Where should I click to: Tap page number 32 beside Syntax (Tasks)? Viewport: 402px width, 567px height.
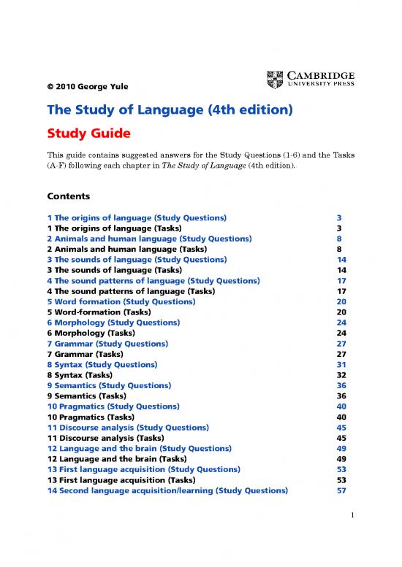point(341,374)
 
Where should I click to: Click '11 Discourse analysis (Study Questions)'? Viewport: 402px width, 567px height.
point(128,427)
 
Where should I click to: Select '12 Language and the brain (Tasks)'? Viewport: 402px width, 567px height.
point(120,459)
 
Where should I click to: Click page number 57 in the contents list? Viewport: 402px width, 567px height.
point(341,490)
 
